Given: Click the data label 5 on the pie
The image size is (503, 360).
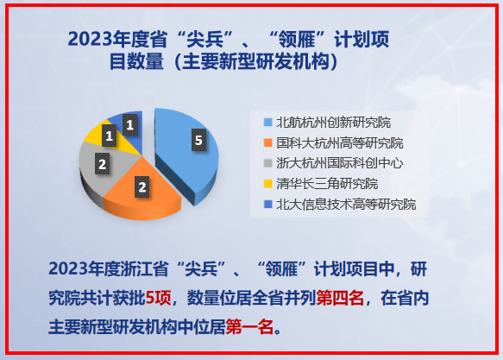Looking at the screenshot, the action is [199, 140].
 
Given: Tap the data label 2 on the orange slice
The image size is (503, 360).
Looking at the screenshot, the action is [142, 187].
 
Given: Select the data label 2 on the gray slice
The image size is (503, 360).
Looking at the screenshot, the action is [103, 164].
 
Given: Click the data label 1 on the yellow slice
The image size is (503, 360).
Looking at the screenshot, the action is [109, 136].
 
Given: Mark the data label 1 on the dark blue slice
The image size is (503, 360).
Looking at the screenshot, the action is [130, 124].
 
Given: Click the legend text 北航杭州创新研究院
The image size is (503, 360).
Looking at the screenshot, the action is [334, 123].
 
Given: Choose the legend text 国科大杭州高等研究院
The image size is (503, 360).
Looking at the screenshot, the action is [340, 142].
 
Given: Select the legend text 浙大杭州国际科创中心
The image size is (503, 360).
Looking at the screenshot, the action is [340, 163].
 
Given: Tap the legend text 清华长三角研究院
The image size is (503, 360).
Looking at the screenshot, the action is [327, 184].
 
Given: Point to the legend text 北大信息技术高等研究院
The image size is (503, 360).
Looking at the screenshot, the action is [346, 205].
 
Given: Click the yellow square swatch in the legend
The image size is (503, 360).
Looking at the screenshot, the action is [267, 184].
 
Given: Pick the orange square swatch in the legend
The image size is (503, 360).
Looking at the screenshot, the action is [267, 142].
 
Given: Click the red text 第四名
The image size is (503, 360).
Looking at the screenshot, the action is [340, 298].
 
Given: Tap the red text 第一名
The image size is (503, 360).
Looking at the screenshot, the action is [249, 327].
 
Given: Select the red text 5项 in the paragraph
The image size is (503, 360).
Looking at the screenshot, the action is [158, 298].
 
